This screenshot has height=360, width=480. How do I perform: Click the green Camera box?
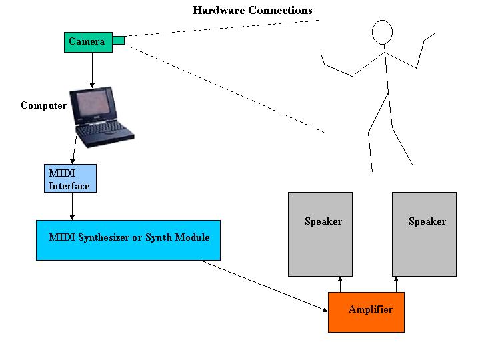click(x=88, y=42)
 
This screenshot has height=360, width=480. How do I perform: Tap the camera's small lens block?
click(x=119, y=41)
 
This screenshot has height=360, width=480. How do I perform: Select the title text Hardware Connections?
click(x=252, y=11)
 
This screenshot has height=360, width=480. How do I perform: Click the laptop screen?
click(x=93, y=103)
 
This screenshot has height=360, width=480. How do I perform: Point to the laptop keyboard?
click(x=101, y=130)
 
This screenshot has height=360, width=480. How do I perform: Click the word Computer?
click(x=44, y=105)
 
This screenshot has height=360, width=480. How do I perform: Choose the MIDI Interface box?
click(x=70, y=178)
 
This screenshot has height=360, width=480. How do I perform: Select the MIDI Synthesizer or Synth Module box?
click(x=128, y=240)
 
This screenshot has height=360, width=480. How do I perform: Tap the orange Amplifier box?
click(x=366, y=312)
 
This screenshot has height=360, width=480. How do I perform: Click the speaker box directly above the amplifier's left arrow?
click(x=320, y=234)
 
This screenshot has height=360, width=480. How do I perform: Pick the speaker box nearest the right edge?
click(x=424, y=234)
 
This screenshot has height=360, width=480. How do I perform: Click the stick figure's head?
click(x=382, y=32)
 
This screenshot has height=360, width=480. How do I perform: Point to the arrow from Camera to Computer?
click(x=92, y=70)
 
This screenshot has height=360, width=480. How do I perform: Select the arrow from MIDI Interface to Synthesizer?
click(x=72, y=206)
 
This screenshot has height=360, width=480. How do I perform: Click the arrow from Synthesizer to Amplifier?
click(x=265, y=286)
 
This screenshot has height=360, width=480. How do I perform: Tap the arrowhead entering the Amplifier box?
click(x=325, y=310)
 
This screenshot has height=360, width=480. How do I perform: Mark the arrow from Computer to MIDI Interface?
click(x=75, y=150)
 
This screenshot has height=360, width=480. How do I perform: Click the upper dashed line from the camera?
click(x=222, y=28)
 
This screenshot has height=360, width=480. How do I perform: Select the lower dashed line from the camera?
click(x=225, y=89)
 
